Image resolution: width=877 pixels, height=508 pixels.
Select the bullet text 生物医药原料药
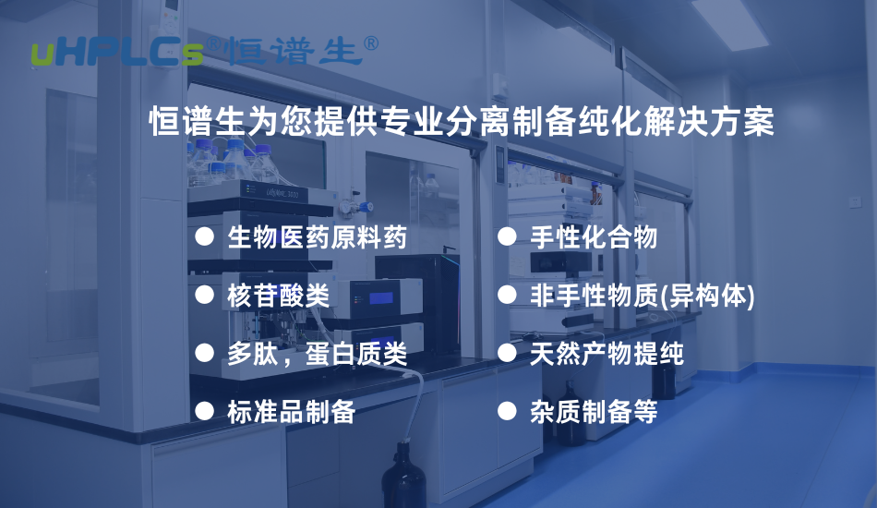click(x=317, y=238)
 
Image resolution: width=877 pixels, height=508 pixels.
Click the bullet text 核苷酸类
click(x=278, y=296)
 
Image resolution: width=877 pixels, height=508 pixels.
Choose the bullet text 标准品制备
click(x=291, y=411)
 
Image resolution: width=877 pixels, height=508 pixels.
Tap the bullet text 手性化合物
click(x=594, y=238)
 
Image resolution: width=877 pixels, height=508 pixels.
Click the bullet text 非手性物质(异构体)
click(x=643, y=296)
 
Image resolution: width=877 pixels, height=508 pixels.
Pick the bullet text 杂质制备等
click(x=594, y=411)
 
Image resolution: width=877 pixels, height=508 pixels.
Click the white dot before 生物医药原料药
click(x=204, y=237)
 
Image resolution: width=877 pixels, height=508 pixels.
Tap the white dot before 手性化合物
click(x=506, y=237)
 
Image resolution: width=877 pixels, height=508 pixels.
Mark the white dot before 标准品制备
click(x=204, y=410)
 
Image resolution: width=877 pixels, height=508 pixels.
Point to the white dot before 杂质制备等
click(x=506, y=410)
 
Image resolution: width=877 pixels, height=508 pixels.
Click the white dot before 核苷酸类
click(x=204, y=295)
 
